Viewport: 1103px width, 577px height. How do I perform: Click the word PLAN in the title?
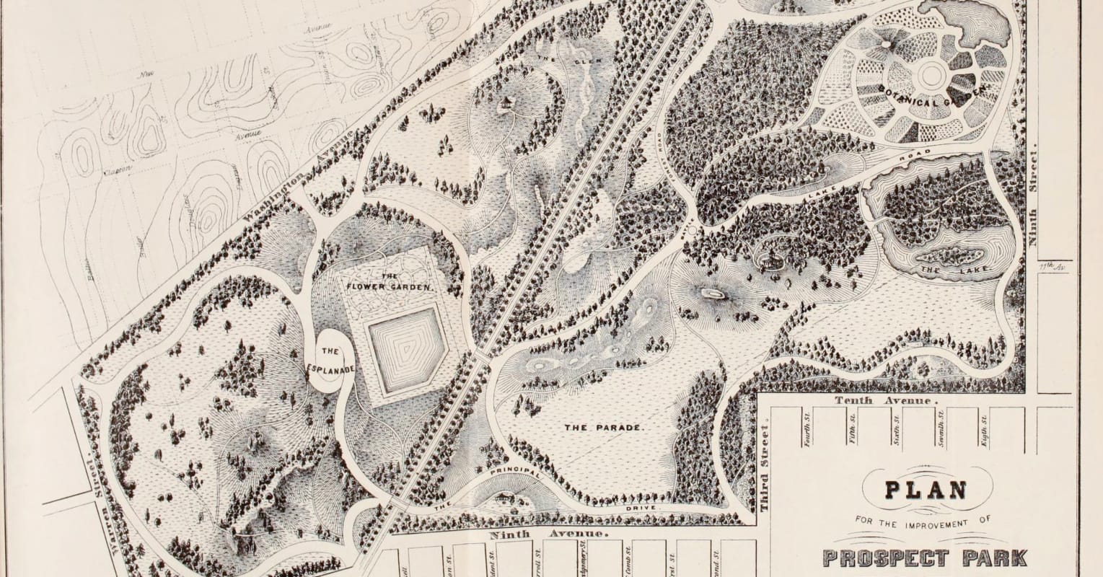coord(926,489)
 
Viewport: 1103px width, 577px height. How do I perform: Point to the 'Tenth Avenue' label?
coord(886,400)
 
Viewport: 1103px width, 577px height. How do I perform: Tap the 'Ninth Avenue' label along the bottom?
coord(548,535)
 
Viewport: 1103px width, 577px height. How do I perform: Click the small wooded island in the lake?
coord(949,257)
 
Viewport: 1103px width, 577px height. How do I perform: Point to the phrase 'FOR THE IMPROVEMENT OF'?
coord(915,519)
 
